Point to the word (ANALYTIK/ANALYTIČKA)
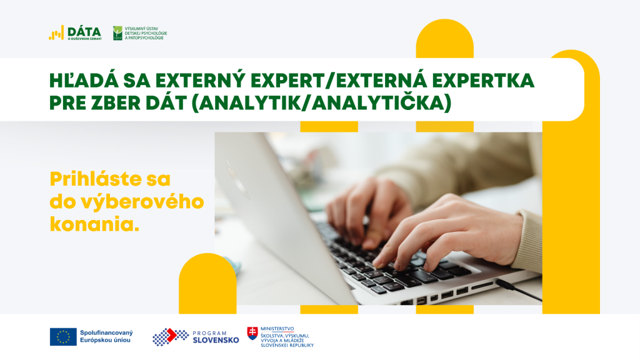coord(321,103)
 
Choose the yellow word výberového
coord(142,202)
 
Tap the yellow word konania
coord(94,224)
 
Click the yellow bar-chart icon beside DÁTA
coord(56,33)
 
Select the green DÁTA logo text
coord(84,31)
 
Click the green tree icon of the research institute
coord(117,33)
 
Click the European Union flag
coord(63,337)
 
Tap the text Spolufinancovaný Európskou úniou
coord(106,336)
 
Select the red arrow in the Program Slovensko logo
coord(171,335)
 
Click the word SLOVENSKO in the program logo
coord(216,341)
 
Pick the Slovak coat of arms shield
coord(252,334)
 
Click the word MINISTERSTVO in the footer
coord(277,329)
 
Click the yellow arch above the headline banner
coord(445,38)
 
